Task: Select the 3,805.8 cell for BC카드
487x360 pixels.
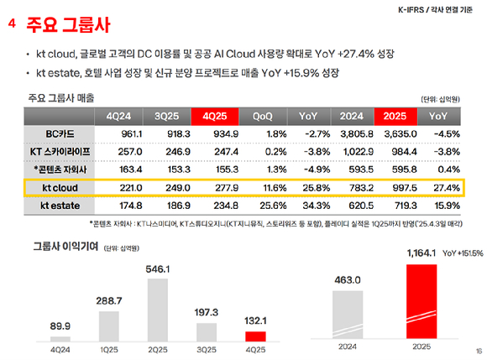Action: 353,133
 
